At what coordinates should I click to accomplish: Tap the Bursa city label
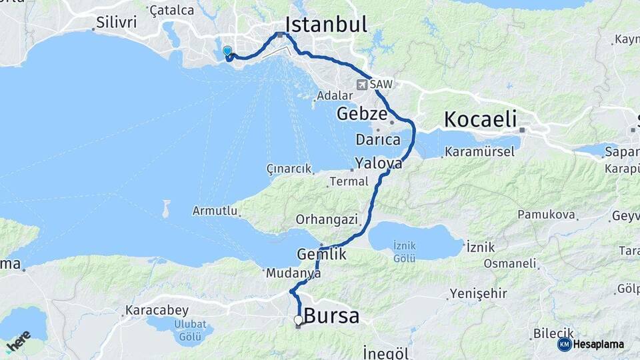(331, 316)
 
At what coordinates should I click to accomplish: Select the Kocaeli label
(480, 120)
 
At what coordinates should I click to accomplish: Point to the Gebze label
(361, 113)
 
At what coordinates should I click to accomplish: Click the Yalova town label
(379, 163)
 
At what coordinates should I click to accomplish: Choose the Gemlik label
(322, 254)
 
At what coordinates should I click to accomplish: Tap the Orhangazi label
(327, 219)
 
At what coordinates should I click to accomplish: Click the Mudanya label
(289, 273)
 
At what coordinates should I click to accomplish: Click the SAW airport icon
(362, 85)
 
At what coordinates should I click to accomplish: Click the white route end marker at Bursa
(298, 320)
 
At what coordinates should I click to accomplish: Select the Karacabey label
(157, 311)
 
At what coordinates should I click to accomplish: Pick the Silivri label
(116, 22)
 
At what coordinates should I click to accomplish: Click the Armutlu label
(215, 211)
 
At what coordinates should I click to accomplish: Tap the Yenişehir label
(478, 293)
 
